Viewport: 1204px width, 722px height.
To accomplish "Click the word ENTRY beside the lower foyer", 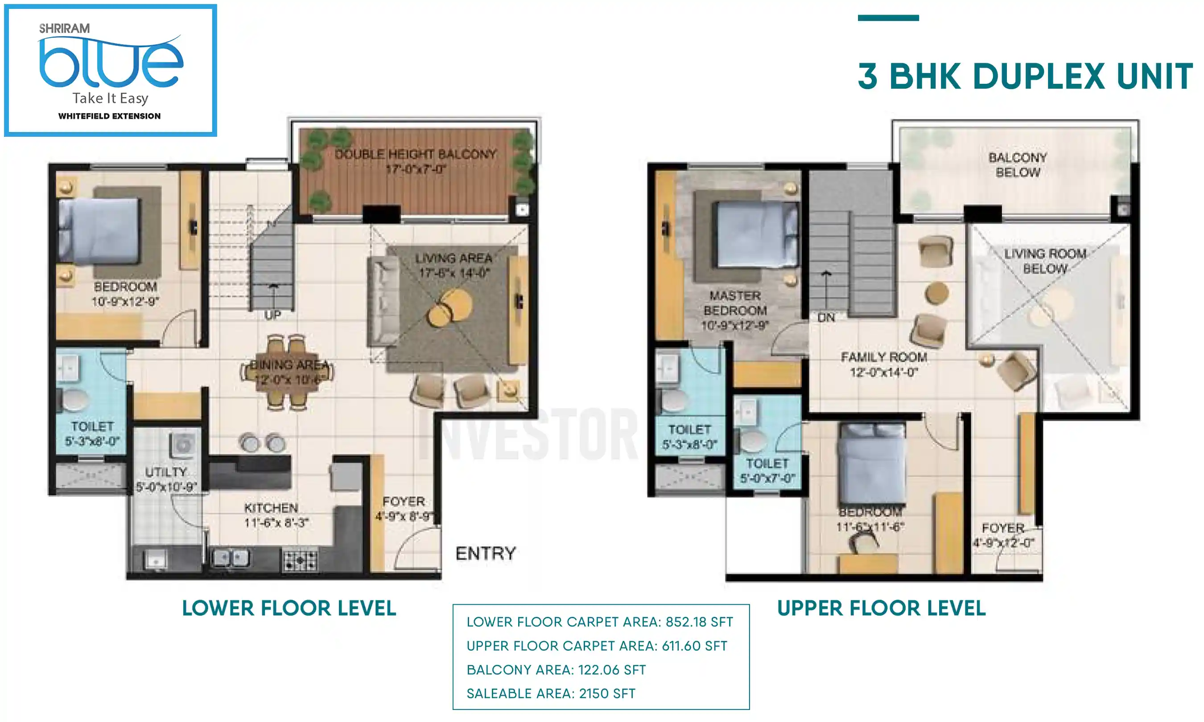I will (485, 553).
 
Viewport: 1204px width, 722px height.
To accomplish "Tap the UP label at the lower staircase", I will (272, 315).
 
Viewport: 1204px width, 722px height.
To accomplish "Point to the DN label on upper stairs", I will (826, 317).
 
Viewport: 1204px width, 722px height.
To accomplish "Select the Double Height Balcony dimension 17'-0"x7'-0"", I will (416, 169).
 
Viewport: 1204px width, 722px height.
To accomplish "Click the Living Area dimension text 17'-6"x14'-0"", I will (454, 272).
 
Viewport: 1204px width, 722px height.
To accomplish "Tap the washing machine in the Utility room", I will (183, 444).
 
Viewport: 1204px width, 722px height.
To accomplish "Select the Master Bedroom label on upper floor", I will (735, 303).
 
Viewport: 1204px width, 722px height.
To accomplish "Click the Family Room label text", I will (884, 357).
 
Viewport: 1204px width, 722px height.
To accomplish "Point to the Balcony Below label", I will (1017, 164).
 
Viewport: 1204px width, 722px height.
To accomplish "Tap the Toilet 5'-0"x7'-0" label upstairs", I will (767, 471).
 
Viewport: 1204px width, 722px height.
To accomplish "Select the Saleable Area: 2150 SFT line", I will (551, 693).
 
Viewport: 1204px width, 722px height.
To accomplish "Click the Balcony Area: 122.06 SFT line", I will (556, 669).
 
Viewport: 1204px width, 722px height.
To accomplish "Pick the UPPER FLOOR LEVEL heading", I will (881, 608).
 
